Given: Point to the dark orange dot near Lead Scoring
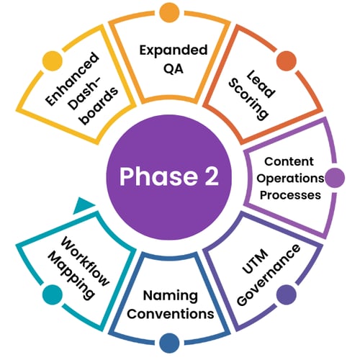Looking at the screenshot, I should coord(286,62).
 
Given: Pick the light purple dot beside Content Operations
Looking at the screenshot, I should coord(333,178).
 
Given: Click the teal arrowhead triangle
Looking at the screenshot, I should coord(84,204).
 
